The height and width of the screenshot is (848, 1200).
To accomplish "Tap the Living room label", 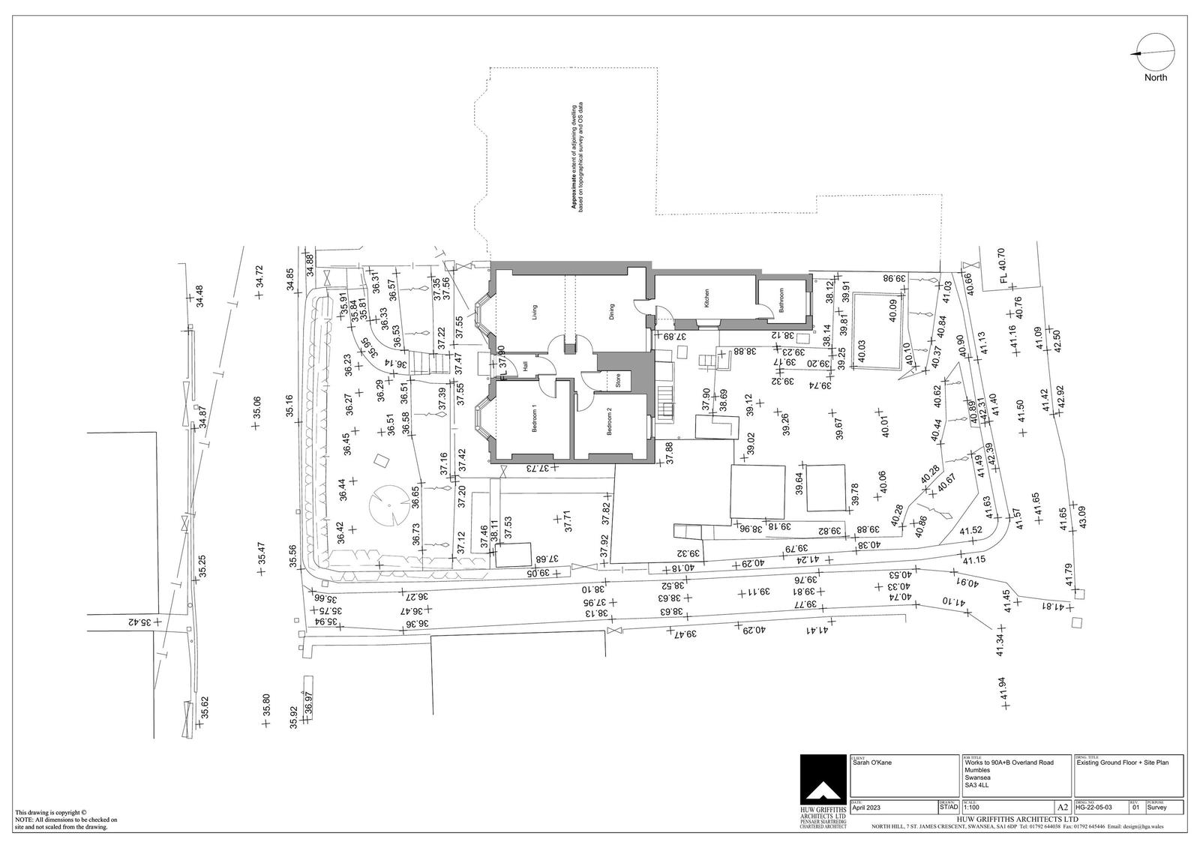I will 535,310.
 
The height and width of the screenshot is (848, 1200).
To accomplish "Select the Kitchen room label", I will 706,299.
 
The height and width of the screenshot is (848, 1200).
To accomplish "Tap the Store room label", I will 619,380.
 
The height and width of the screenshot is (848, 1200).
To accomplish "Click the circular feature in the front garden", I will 388,505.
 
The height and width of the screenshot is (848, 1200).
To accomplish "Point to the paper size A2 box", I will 1062,808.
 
